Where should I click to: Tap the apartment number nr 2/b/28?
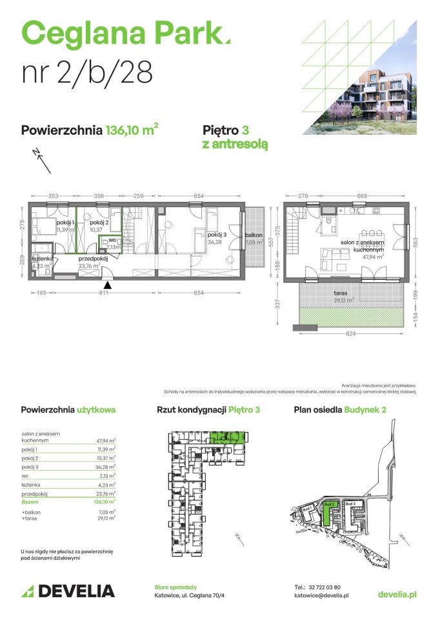pyautogui.click(x=87, y=72)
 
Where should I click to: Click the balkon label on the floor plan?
pyautogui.click(x=254, y=235)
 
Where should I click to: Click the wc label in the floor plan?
pyautogui.click(x=111, y=239)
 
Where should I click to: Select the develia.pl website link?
pyautogui.click(x=397, y=594)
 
